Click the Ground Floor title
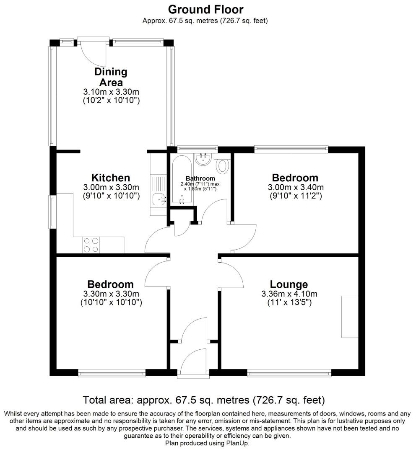coord(205,9)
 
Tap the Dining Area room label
coord(111,77)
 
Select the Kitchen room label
coord(111,178)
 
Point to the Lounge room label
coord(289,284)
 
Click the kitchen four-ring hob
coord(91,245)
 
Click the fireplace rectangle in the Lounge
coord(350,317)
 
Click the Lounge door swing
coord(232,274)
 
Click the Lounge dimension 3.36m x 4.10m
coord(289,294)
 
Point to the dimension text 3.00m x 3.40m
coord(295,187)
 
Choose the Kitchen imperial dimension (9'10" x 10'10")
coord(111,196)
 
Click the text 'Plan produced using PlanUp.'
coord(207,443)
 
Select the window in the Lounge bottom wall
coord(289,372)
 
